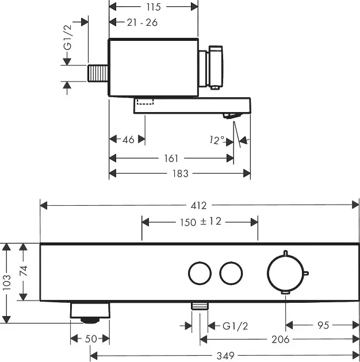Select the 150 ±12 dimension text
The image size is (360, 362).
(x=200, y=222)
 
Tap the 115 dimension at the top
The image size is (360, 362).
(x=153, y=7)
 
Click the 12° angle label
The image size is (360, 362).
(x=217, y=139)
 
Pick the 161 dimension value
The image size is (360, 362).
(x=171, y=158)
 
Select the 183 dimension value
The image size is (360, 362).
(x=180, y=173)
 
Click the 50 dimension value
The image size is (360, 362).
(x=91, y=339)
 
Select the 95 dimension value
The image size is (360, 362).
(x=323, y=325)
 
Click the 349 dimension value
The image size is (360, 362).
(x=225, y=356)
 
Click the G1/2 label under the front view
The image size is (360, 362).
(x=234, y=326)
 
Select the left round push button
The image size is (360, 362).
(x=199, y=272)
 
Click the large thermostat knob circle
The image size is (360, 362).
(x=286, y=272)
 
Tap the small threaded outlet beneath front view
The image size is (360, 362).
(x=200, y=307)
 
